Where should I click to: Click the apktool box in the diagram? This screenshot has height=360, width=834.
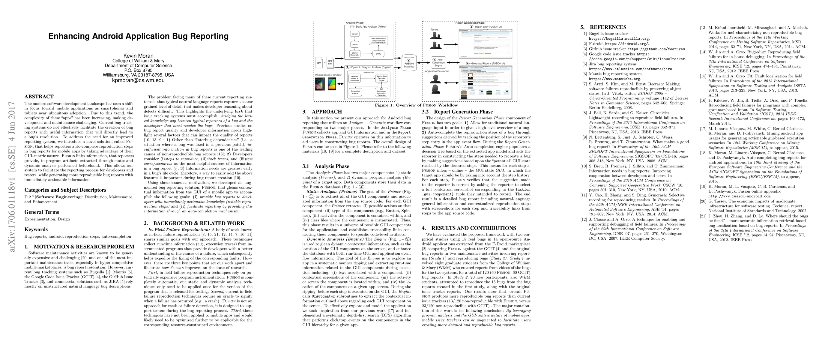pos(355,34)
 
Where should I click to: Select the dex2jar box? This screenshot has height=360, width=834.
pos(355,44)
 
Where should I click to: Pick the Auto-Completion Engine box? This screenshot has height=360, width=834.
pos(438,62)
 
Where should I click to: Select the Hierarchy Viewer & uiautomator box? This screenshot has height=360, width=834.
pos(355,78)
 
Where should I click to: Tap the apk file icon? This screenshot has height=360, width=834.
pos(319,63)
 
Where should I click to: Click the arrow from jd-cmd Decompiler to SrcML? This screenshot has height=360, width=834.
pos(366,54)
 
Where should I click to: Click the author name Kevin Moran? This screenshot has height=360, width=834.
pos(138,56)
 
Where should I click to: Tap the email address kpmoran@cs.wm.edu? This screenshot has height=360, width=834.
pos(138,80)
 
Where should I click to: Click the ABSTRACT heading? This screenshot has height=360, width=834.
pos(39,97)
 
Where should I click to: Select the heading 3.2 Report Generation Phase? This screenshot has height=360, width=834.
pos(457,112)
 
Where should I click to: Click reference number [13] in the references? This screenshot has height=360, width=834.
pos(703,28)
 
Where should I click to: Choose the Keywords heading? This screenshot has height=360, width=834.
pos(36,229)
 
